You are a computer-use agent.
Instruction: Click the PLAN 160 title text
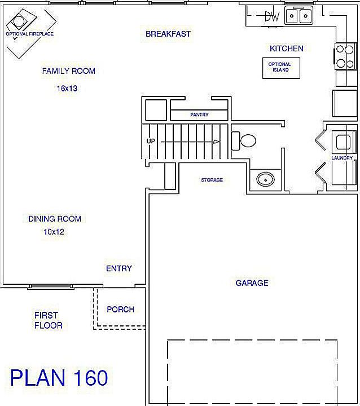(59, 377)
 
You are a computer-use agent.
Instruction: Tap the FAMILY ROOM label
(68, 71)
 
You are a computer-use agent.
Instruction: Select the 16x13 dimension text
(67, 88)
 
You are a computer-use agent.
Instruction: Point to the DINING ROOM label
(55, 219)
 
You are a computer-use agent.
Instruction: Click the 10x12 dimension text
(54, 231)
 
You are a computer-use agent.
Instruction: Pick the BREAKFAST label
(168, 34)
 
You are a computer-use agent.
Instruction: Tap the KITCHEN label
(286, 48)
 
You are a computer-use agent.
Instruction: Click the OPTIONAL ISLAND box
(280, 67)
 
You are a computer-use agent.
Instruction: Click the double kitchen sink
(298, 16)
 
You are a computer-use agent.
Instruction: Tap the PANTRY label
(199, 115)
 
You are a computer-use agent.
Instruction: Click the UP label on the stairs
(151, 141)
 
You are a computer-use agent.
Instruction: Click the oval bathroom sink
(264, 179)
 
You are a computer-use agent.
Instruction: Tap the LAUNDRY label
(342, 158)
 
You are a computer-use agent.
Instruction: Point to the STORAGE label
(212, 180)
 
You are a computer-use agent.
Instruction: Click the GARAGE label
(252, 283)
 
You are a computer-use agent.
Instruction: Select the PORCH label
(121, 309)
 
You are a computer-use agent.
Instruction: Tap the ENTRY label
(119, 268)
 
